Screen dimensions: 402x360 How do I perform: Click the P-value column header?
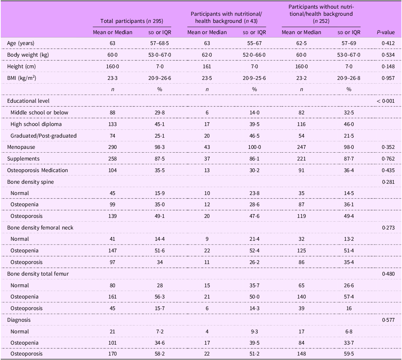click(x=386, y=32)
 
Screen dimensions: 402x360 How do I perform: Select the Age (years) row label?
click(x=21, y=43)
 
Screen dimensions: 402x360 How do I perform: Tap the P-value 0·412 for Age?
click(x=388, y=43)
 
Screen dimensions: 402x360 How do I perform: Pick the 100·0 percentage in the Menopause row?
click(x=254, y=147)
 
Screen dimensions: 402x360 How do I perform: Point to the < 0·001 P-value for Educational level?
click(x=386, y=101)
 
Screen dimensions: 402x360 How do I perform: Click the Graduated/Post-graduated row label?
click(x=43, y=136)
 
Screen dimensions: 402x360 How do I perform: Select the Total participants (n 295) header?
click(x=132, y=21)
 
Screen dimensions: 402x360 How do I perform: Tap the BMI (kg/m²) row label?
click(x=21, y=78)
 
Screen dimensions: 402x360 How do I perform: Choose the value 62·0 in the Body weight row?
click(x=207, y=55)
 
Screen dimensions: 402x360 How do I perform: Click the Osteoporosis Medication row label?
click(x=37, y=170)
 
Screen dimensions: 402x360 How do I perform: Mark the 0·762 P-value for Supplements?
click(x=388, y=159)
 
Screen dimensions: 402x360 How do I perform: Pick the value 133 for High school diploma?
click(x=112, y=124)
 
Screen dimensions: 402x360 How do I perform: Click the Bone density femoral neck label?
click(x=40, y=228)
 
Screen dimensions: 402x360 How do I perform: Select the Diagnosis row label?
click(x=19, y=320)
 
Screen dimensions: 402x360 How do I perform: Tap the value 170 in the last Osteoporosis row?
click(x=112, y=354)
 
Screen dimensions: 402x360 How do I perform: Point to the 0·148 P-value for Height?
click(x=388, y=67)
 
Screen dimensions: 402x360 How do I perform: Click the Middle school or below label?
click(x=39, y=112)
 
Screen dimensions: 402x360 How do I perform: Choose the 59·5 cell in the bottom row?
click(x=349, y=354)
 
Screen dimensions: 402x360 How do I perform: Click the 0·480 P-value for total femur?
click(x=388, y=274)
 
